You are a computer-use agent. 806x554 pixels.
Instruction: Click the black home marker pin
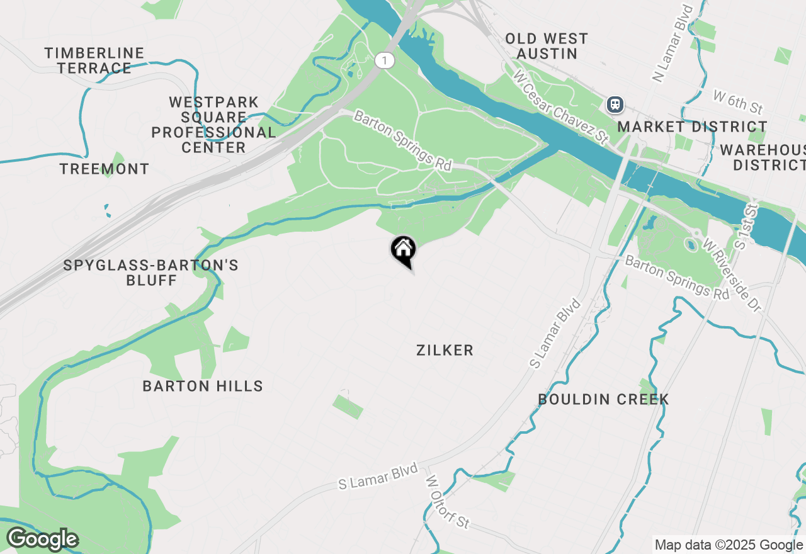[403, 251]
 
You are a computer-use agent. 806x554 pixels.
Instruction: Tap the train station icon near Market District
[615, 105]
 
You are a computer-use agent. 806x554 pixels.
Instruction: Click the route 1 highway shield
[384, 60]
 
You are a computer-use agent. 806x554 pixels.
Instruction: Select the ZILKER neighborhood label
[445, 351]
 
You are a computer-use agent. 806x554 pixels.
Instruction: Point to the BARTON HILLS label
[203, 386]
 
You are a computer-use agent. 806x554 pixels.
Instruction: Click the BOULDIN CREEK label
[603, 399]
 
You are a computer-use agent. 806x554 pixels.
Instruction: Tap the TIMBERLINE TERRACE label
[94, 60]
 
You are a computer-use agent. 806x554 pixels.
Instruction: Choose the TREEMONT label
[105, 169]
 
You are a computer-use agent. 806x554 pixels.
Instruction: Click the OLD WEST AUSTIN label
[547, 46]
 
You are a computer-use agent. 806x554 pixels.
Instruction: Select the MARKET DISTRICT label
[692, 127]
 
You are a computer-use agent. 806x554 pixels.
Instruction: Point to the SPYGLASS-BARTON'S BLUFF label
[151, 273]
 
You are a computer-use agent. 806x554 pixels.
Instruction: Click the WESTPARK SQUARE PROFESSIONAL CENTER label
[213, 125]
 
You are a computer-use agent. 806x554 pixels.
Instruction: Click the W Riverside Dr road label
[732, 274]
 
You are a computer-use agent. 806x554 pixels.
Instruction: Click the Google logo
[42, 540]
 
